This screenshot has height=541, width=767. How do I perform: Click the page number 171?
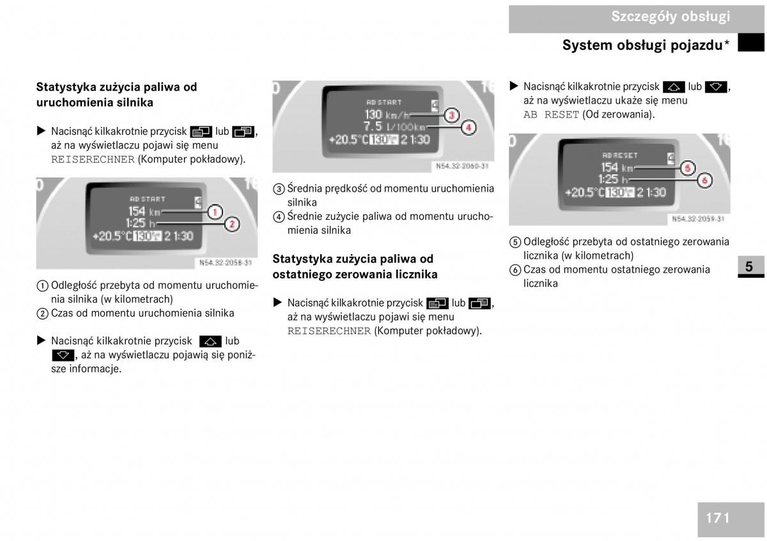tap(717, 518)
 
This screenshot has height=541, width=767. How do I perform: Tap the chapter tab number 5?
tap(749, 266)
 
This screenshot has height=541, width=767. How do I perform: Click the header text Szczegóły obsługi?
tap(670, 17)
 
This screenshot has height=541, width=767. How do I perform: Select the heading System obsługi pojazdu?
tap(646, 45)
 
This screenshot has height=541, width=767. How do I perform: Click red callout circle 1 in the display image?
tap(215, 212)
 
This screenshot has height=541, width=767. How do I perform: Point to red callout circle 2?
tap(232, 224)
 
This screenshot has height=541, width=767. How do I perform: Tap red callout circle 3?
tap(451, 116)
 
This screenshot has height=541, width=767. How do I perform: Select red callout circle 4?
tap(468, 128)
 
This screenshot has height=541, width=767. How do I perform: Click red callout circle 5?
tap(688, 168)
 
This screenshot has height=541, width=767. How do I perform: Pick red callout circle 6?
tap(704, 180)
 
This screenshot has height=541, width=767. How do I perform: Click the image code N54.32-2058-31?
tap(226, 263)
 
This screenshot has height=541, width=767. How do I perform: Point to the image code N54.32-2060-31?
tap(462, 166)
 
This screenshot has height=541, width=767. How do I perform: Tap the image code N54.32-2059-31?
tap(698, 218)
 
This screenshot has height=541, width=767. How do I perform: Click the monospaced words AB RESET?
tap(551, 114)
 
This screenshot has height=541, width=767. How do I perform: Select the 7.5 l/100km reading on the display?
tap(394, 126)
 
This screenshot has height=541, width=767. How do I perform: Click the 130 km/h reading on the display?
tap(387, 114)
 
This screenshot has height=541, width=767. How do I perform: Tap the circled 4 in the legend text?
tap(279, 217)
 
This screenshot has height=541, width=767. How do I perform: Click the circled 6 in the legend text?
tap(515, 270)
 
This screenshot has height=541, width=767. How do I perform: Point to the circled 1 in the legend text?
tap(42, 286)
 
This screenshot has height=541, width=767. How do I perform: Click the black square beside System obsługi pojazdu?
tap(751, 42)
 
